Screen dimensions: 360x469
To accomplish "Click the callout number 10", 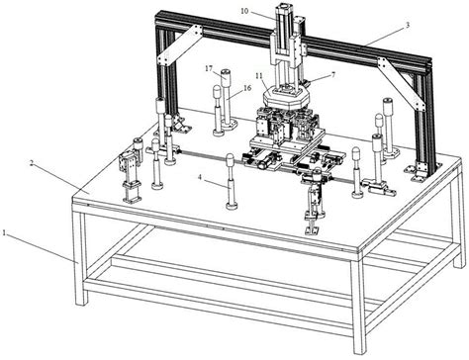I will (243, 11).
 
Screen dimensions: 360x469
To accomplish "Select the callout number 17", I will (210, 68).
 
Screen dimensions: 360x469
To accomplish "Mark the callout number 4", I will (201, 179).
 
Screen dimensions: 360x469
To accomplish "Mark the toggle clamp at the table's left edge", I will (127, 172).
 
